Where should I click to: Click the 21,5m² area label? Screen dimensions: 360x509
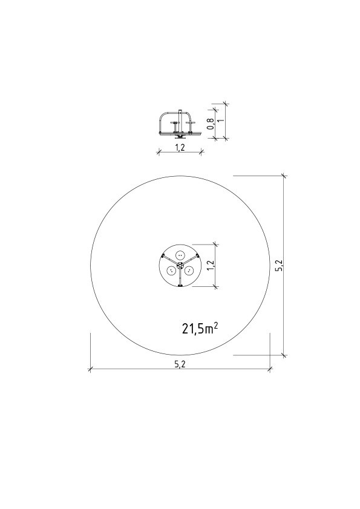[200, 329]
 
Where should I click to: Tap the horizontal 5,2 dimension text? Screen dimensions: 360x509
[180, 364]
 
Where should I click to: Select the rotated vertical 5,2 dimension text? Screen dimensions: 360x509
[281, 265]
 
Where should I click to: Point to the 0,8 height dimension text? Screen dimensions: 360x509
[211, 123]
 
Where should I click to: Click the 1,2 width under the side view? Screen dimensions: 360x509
[180, 148]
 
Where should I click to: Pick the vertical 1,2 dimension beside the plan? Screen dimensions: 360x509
[211, 265]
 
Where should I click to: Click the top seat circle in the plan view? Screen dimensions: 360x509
[180, 255]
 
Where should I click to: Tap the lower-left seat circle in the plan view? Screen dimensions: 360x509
[171, 270]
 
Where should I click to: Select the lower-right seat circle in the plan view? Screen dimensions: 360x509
[189, 270]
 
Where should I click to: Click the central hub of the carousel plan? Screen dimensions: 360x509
[180, 265]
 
